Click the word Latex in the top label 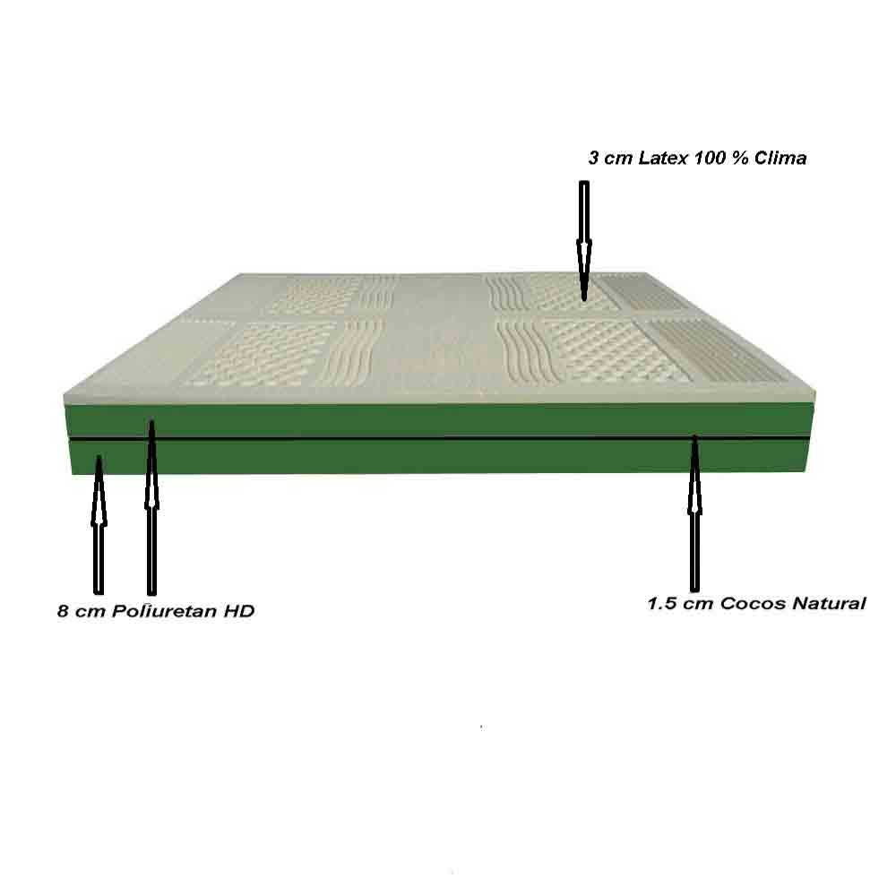click(663, 158)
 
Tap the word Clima click(780, 158)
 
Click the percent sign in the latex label click(739, 158)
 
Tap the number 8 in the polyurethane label click(63, 611)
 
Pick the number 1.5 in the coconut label click(662, 603)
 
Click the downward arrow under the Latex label click(584, 241)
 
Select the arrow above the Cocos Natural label click(695, 513)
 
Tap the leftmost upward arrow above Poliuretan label click(99, 525)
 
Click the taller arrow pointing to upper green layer click(151, 507)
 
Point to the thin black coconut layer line click(439, 438)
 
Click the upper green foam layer click(439, 419)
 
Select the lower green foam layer click(439, 456)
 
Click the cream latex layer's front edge click(439, 397)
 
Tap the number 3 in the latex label click(594, 158)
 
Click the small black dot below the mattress click(481, 728)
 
